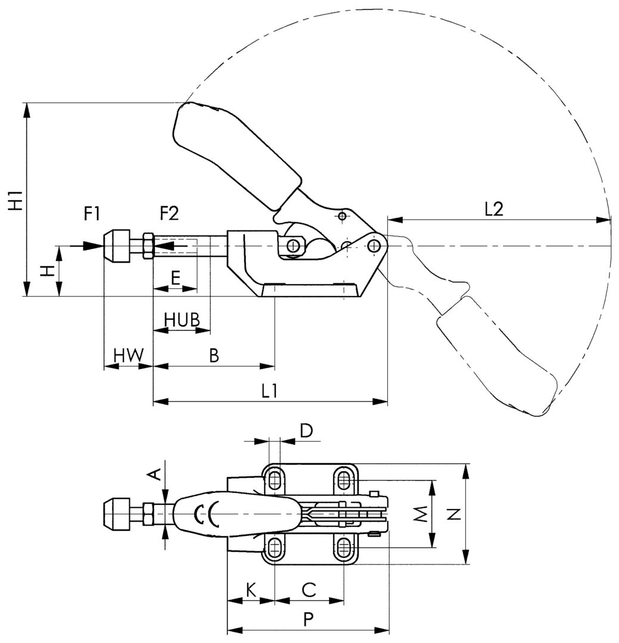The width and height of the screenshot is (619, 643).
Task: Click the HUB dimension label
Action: [x=181, y=320]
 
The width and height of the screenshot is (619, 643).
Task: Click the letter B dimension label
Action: [x=214, y=355]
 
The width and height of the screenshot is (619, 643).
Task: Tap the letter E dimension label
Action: [x=175, y=278]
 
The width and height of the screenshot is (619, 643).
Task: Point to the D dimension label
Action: [x=306, y=430]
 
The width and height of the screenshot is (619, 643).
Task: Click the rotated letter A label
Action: [x=154, y=474]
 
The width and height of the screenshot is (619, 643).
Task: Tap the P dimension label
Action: [x=307, y=620]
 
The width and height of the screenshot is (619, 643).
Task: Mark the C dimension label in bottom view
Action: [x=309, y=590]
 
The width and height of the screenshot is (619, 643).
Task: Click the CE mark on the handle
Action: [x=206, y=513]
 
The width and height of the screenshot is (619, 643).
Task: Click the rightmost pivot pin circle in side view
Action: [x=374, y=245]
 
